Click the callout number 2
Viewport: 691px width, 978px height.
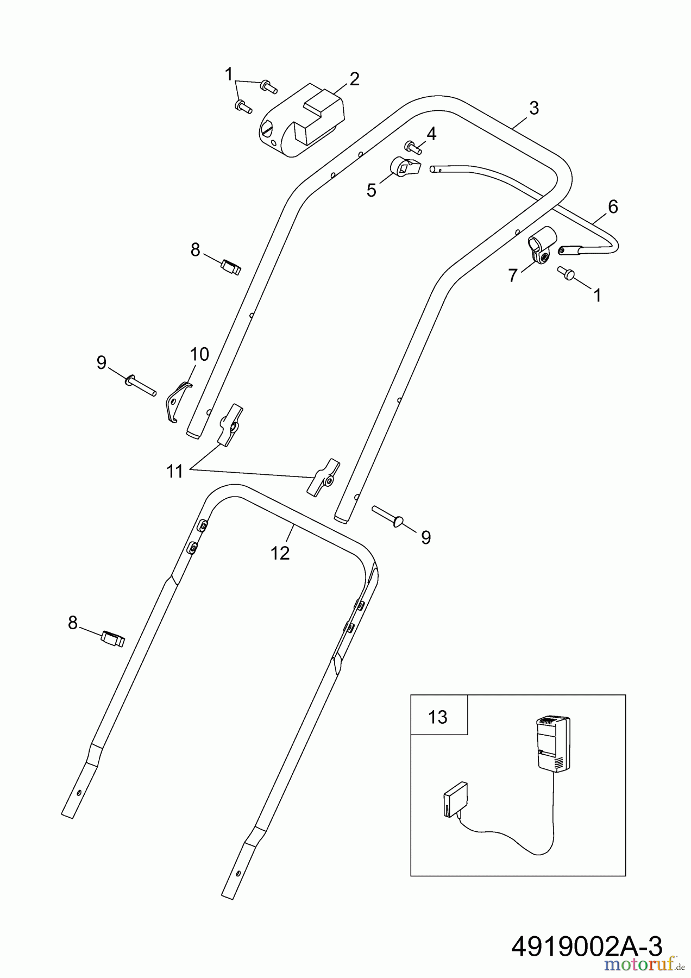tap(354, 79)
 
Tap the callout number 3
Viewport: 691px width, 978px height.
tap(533, 108)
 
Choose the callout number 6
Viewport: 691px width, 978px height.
tap(613, 206)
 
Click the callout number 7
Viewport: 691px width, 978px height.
tap(513, 275)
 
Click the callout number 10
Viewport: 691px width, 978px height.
tap(199, 354)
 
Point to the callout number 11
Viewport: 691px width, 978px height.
tap(175, 471)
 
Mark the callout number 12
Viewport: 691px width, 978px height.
tap(280, 553)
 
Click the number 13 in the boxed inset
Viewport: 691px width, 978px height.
tap(438, 717)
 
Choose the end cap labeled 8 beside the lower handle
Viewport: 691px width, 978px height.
tap(113, 639)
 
